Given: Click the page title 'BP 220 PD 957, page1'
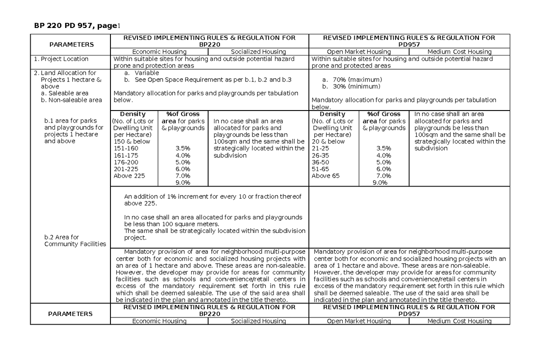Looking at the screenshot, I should tap(77, 26).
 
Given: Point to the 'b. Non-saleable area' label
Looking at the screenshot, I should tap(71, 100).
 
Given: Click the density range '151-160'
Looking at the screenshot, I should tap(125, 149).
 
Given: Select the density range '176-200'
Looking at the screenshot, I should tap(125, 162).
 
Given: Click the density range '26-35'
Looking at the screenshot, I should tap(320, 155).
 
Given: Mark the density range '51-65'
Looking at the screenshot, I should tap(320, 169).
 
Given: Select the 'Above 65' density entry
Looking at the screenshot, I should tap(325, 176).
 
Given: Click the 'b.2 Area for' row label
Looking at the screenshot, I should tap(61, 237).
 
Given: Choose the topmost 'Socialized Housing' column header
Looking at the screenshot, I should tap(258, 52).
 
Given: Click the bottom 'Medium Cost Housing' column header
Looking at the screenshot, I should tap(459, 321).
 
